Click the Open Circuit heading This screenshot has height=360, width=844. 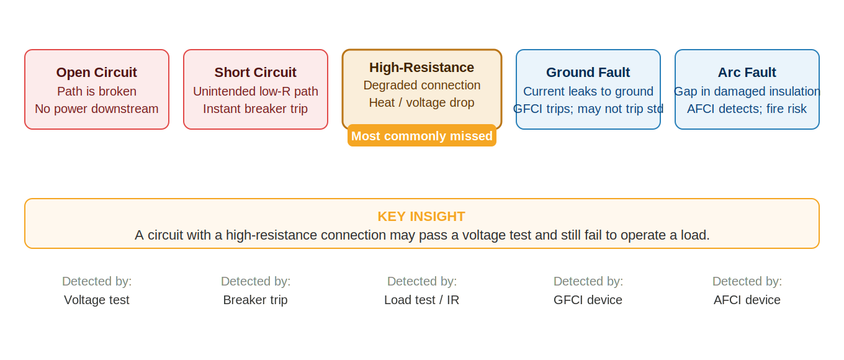[97, 73]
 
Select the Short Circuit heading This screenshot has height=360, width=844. [256, 73]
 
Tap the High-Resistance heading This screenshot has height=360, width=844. [422, 68]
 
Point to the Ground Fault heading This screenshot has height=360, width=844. [588, 73]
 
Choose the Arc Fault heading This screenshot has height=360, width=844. [747, 73]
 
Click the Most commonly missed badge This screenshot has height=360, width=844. [422, 136]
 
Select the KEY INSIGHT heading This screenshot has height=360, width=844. [421, 217]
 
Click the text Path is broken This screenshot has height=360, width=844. [97, 91]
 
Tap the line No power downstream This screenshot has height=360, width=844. [97, 109]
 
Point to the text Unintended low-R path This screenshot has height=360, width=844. [256, 91]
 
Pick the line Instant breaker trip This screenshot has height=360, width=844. [256, 109]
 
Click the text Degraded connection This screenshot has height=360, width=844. [422, 85]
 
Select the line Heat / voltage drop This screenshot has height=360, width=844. [422, 102]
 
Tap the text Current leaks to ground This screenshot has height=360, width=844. [588, 91]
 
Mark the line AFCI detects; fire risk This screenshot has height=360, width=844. [747, 109]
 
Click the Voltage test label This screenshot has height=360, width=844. [97, 300]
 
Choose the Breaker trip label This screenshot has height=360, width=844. [256, 300]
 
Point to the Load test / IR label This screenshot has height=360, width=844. [422, 300]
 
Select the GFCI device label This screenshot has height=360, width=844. [588, 300]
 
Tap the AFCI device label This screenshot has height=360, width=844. [747, 300]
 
